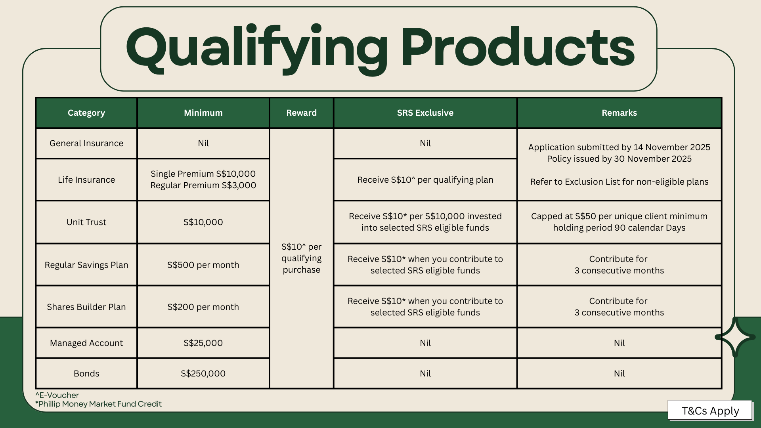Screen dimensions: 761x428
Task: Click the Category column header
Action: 86,113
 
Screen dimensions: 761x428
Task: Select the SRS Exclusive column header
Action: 425,113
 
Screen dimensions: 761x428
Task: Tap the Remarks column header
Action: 619,113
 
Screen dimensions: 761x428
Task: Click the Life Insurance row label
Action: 86,180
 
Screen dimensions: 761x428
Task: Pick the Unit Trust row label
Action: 86,222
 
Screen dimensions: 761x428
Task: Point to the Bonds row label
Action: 86,374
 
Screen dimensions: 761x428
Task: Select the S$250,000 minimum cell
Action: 203,374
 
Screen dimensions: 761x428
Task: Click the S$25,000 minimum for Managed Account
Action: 203,343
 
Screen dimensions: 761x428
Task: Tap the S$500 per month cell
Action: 203,265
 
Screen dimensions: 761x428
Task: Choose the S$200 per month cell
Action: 203,307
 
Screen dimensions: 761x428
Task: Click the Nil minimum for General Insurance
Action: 203,143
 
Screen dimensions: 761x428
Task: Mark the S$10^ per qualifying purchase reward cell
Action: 302,258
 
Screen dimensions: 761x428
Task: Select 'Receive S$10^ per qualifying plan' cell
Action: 425,180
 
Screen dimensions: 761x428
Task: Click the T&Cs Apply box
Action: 710,411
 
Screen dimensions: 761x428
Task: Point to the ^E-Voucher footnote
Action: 57,395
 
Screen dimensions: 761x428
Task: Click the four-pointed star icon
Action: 735,337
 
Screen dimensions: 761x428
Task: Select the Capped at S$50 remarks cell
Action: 619,222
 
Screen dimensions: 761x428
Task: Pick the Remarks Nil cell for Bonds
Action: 619,374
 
